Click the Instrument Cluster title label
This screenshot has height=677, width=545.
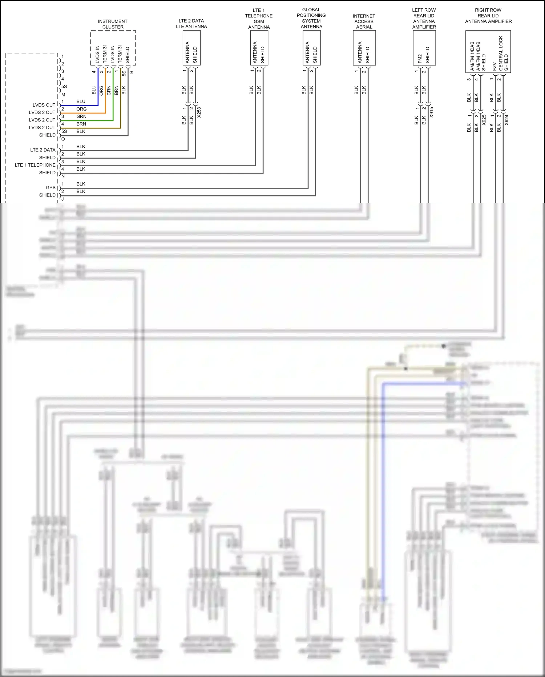click(x=113, y=24)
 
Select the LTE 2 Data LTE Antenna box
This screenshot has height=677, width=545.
click(x=191, y=48)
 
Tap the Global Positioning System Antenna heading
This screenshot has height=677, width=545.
click(x=311, y=18)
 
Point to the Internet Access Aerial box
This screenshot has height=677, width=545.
click(x=364, y=48)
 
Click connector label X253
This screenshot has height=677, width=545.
click(x=199, y=112)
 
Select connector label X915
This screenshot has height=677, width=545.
click(x=431, y=112)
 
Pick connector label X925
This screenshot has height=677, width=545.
click(x=484, y=120)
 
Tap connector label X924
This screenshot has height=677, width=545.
click(x=506, y=120)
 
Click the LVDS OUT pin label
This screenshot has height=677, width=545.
click(x=44, y=105)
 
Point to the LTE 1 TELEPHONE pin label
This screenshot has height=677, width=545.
click(x=35, y=165)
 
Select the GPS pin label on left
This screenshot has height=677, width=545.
click(x=51, y=188)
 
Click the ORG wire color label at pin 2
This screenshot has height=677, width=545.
click(x=81, y=109)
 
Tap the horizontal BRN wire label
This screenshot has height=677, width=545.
click(x=81, y=124)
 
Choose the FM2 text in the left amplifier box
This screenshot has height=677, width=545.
click(x=420, y=59)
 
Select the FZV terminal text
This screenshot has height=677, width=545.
click(x=494, y=66)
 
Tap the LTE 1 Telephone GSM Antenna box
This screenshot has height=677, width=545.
click(x=259, y=48)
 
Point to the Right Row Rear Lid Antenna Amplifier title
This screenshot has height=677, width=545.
click(x=488, y=16)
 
